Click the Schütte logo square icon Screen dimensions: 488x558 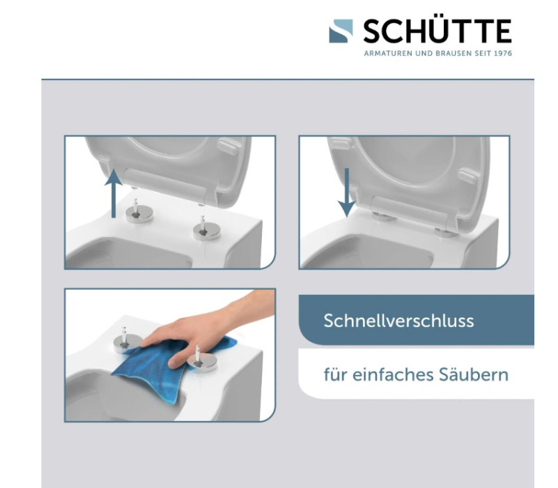click(342, 31)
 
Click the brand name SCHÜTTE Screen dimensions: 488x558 click(437, 31)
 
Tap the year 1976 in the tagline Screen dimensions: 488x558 click(502, 54)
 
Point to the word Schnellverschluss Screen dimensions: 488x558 click(398, 321)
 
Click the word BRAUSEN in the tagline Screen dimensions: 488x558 click(447, 54)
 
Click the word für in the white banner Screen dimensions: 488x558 click(334, 374)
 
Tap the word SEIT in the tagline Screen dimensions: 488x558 click(478, 54)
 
